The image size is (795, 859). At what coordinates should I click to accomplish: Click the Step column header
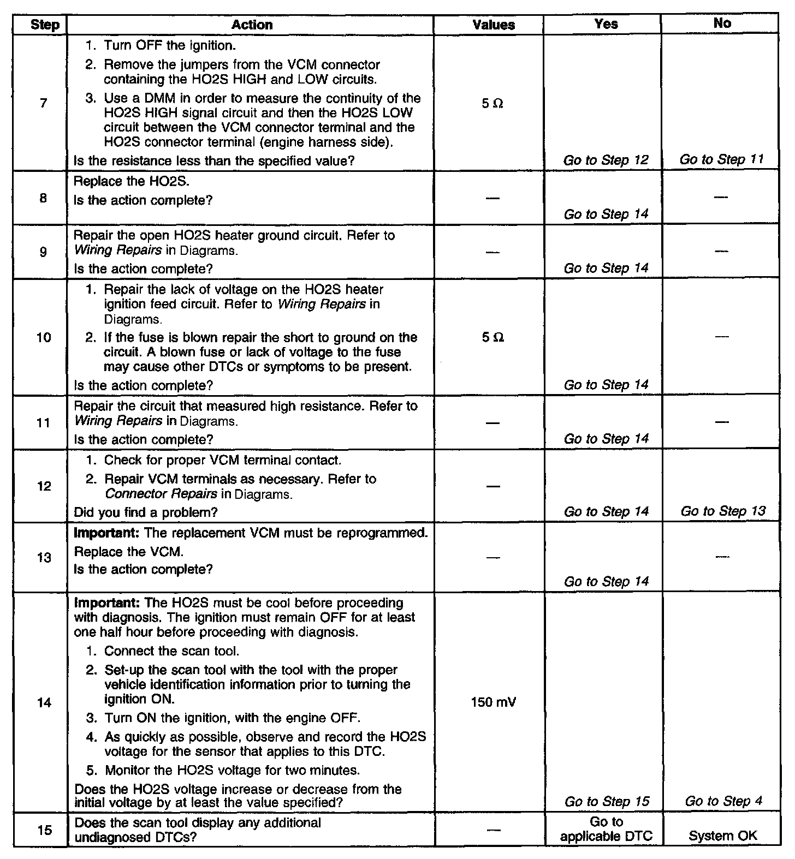45,25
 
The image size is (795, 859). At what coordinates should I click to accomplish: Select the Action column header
252,25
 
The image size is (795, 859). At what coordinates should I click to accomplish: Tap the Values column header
494,25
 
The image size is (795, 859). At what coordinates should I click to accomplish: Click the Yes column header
606,24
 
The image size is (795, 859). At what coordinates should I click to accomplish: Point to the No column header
722,23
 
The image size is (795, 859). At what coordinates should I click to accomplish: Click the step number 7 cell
44,103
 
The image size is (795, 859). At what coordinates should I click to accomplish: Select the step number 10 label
44,338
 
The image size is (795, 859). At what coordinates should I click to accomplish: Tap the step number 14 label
44,703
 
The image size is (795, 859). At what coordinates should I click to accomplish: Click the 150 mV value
493,702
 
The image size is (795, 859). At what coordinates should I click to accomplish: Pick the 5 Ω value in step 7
493,104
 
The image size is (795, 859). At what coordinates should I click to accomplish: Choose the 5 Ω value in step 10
493,338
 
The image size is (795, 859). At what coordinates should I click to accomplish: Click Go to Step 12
606,160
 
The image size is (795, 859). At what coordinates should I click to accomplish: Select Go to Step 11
722,160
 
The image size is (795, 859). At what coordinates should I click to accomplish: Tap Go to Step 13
723,511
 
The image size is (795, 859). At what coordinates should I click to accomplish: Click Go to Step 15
607,801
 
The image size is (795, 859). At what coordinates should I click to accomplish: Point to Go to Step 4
723,801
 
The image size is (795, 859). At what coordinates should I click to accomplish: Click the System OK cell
723,836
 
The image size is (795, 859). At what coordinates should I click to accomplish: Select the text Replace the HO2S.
132,182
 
